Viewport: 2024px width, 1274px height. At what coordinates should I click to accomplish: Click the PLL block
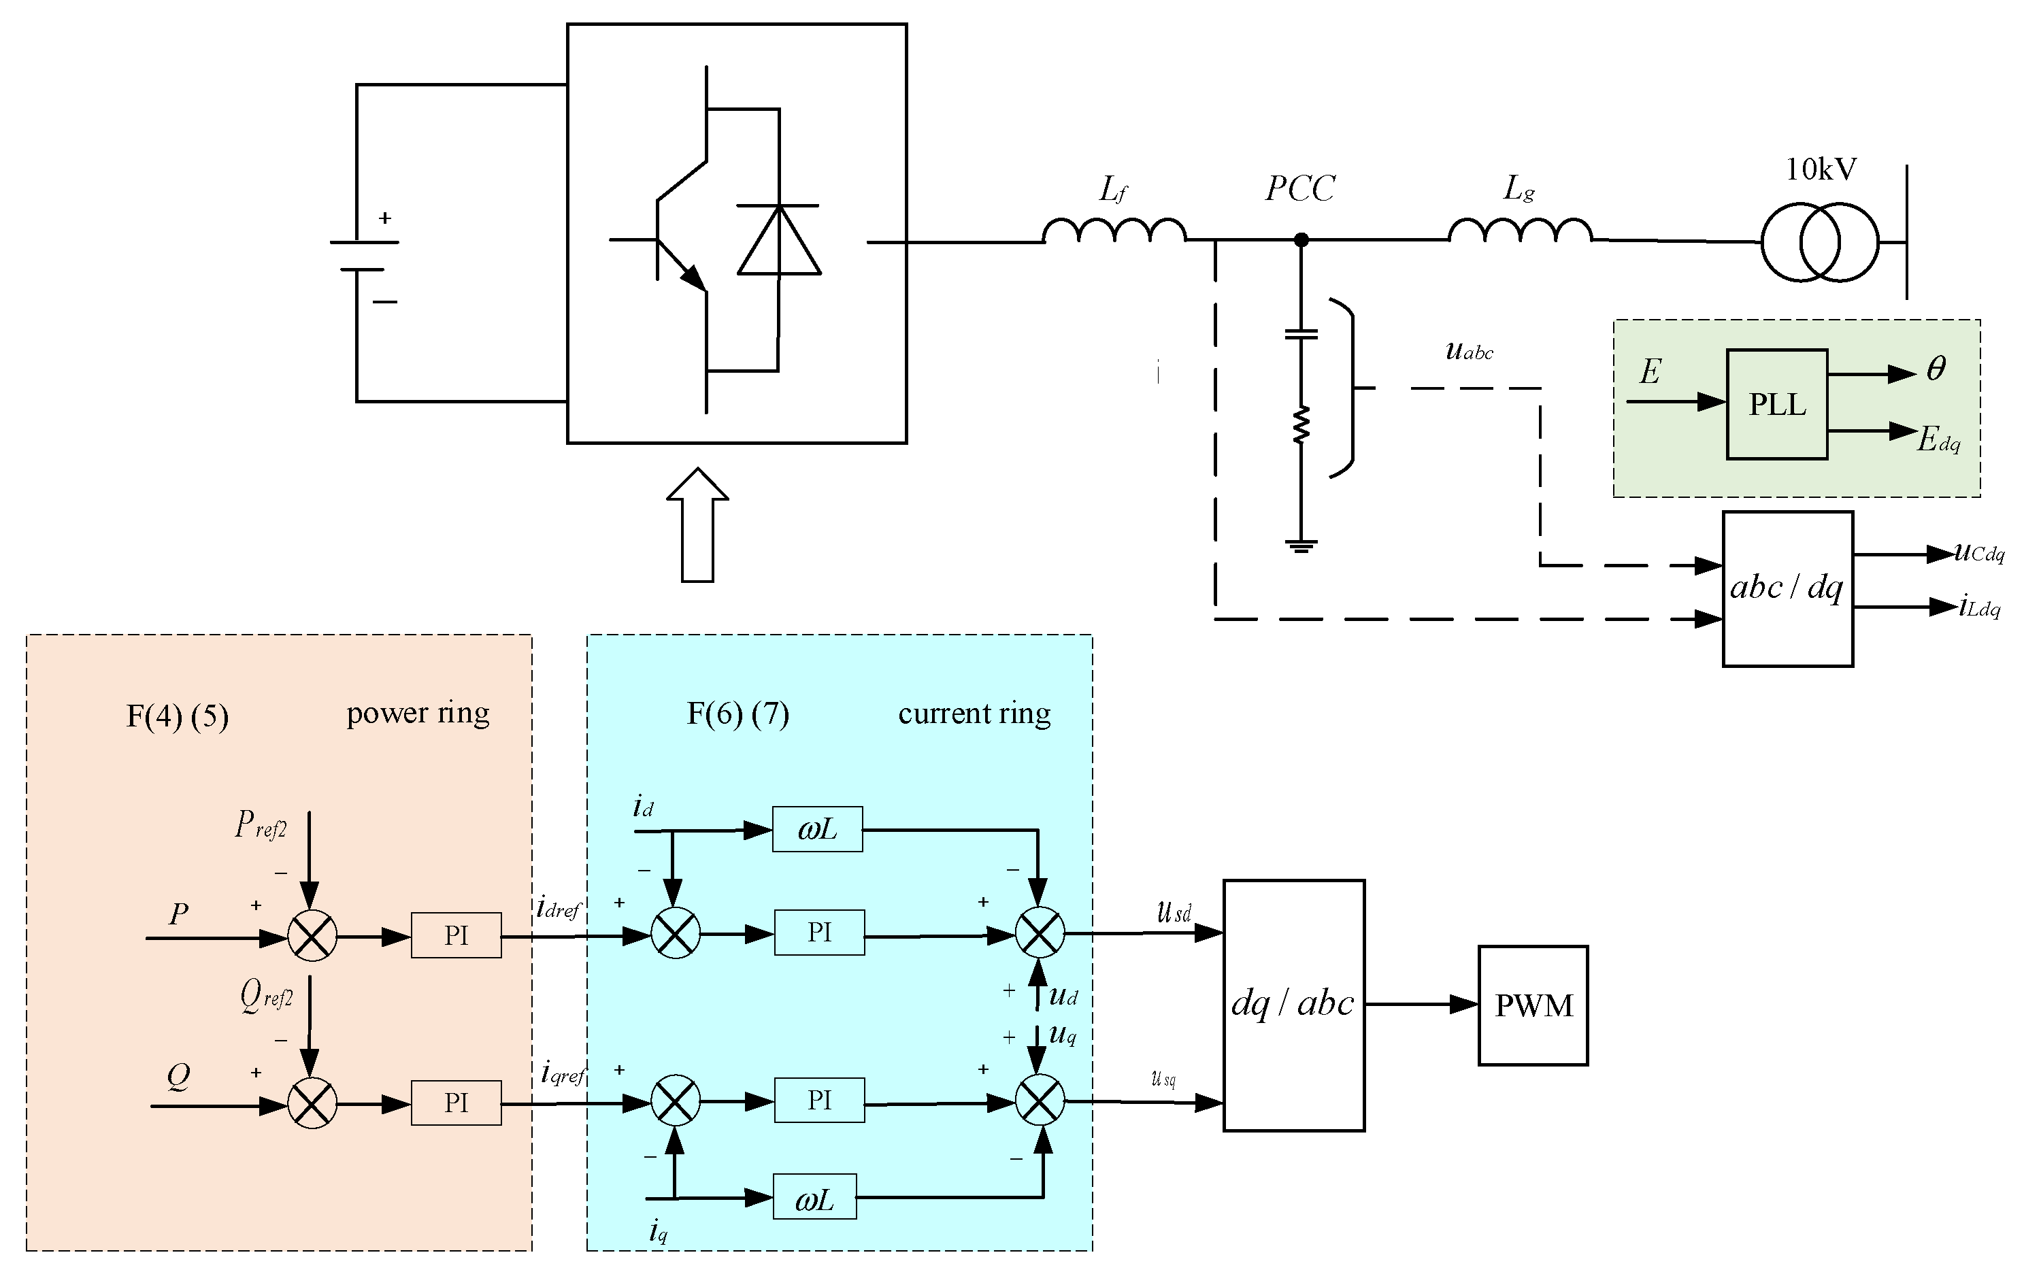pyautogui.click(x=1777, y=404)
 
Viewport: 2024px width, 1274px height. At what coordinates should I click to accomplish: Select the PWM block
pyautogui.click(x=1533, y=1005)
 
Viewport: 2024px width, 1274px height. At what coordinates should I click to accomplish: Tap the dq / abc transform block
pyautogui.click(x=1293, y=1005)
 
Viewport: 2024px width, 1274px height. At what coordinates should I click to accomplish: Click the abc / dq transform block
pyautogui.click(x=1788, y=588)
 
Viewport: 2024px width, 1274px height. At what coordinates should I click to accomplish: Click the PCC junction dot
pyautogui.click(x=1301, y=240)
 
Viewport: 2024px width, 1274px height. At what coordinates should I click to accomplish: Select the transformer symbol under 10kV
pyautogui.click(x=1820, y=242)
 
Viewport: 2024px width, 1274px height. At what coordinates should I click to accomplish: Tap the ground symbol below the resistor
pyautogui.click(x=1301, y=546)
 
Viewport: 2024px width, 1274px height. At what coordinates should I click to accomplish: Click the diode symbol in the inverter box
pyautogui.click(x=778, y=239)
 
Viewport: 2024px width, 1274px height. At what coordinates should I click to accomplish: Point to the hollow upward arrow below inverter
pyautogui.click(x=697, y=525)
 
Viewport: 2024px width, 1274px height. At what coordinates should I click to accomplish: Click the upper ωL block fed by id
pyautogui.click(x=817, y=829)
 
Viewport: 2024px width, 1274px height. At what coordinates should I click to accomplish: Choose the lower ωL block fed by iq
pyautogui.click(x=814, y=1196)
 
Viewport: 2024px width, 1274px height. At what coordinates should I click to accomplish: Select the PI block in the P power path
pyautogui.click(x=457, y=935)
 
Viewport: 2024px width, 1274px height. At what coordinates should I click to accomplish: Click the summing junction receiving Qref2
pyautogui.click(x=312, y=1103)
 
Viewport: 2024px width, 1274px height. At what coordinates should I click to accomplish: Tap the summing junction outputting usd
pyautogui.click(x=1040, y=933)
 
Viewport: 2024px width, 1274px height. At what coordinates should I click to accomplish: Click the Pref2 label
pyautogui.click(x=261, y=824)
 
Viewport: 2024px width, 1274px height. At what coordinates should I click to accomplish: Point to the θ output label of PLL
pyautogui.click(x=1936, y=368)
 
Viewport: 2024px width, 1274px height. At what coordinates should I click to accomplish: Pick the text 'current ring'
pyautogui.click(x=974, y=714)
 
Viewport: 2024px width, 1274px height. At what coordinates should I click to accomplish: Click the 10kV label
pyautogui.click(x=1821, y=170)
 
